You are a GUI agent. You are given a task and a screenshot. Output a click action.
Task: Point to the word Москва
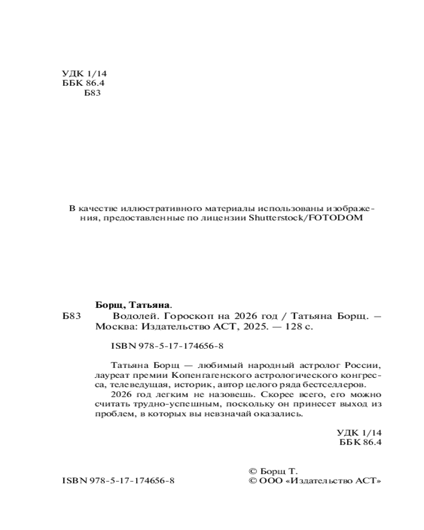click(x=111, y=327)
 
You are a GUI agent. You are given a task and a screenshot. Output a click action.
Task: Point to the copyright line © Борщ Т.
click(x=273, y=471)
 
